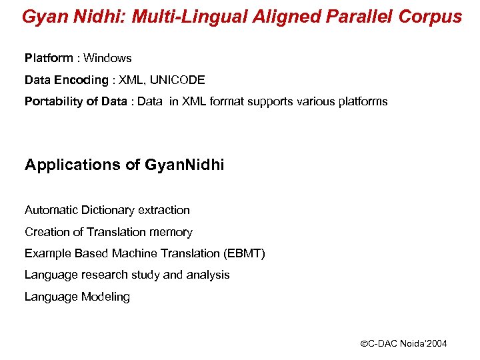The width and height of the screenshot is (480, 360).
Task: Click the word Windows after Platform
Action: (x=107, y=59)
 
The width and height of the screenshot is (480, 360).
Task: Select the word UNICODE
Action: (x=177, y=81)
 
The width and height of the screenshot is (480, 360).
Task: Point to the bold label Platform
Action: (x=47, y=59)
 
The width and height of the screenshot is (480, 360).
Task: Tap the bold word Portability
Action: (x=52, y=102)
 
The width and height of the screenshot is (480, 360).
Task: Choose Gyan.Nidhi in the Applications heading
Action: (x=184, y=165)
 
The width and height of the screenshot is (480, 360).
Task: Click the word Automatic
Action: (x=51, y=210)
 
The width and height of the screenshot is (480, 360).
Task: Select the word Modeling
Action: (x=106, y=297)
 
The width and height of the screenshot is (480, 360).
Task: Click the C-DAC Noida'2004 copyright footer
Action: (x=403, y=344)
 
